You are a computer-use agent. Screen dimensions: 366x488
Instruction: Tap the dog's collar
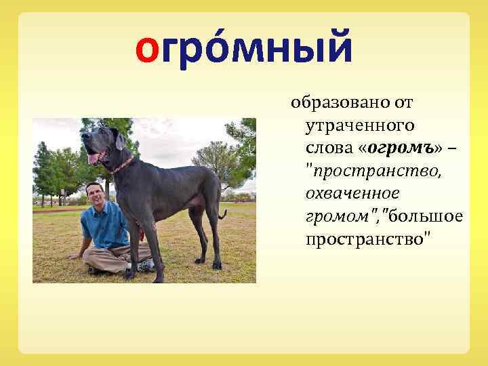click(x=123, y=165)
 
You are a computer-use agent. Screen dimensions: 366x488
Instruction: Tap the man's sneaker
click(x=146, y=265)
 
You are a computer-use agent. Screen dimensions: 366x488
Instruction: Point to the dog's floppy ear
click(x=120, y=141)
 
